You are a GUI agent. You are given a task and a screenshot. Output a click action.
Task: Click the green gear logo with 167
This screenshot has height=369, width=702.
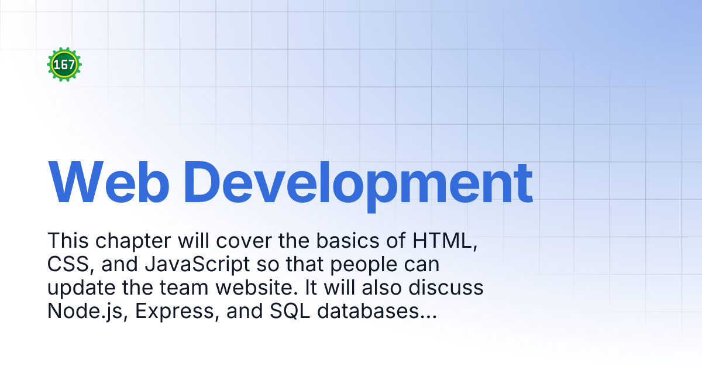(x=64, y=64)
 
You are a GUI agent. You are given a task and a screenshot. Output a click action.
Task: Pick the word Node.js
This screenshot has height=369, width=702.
(x=88, y=312)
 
